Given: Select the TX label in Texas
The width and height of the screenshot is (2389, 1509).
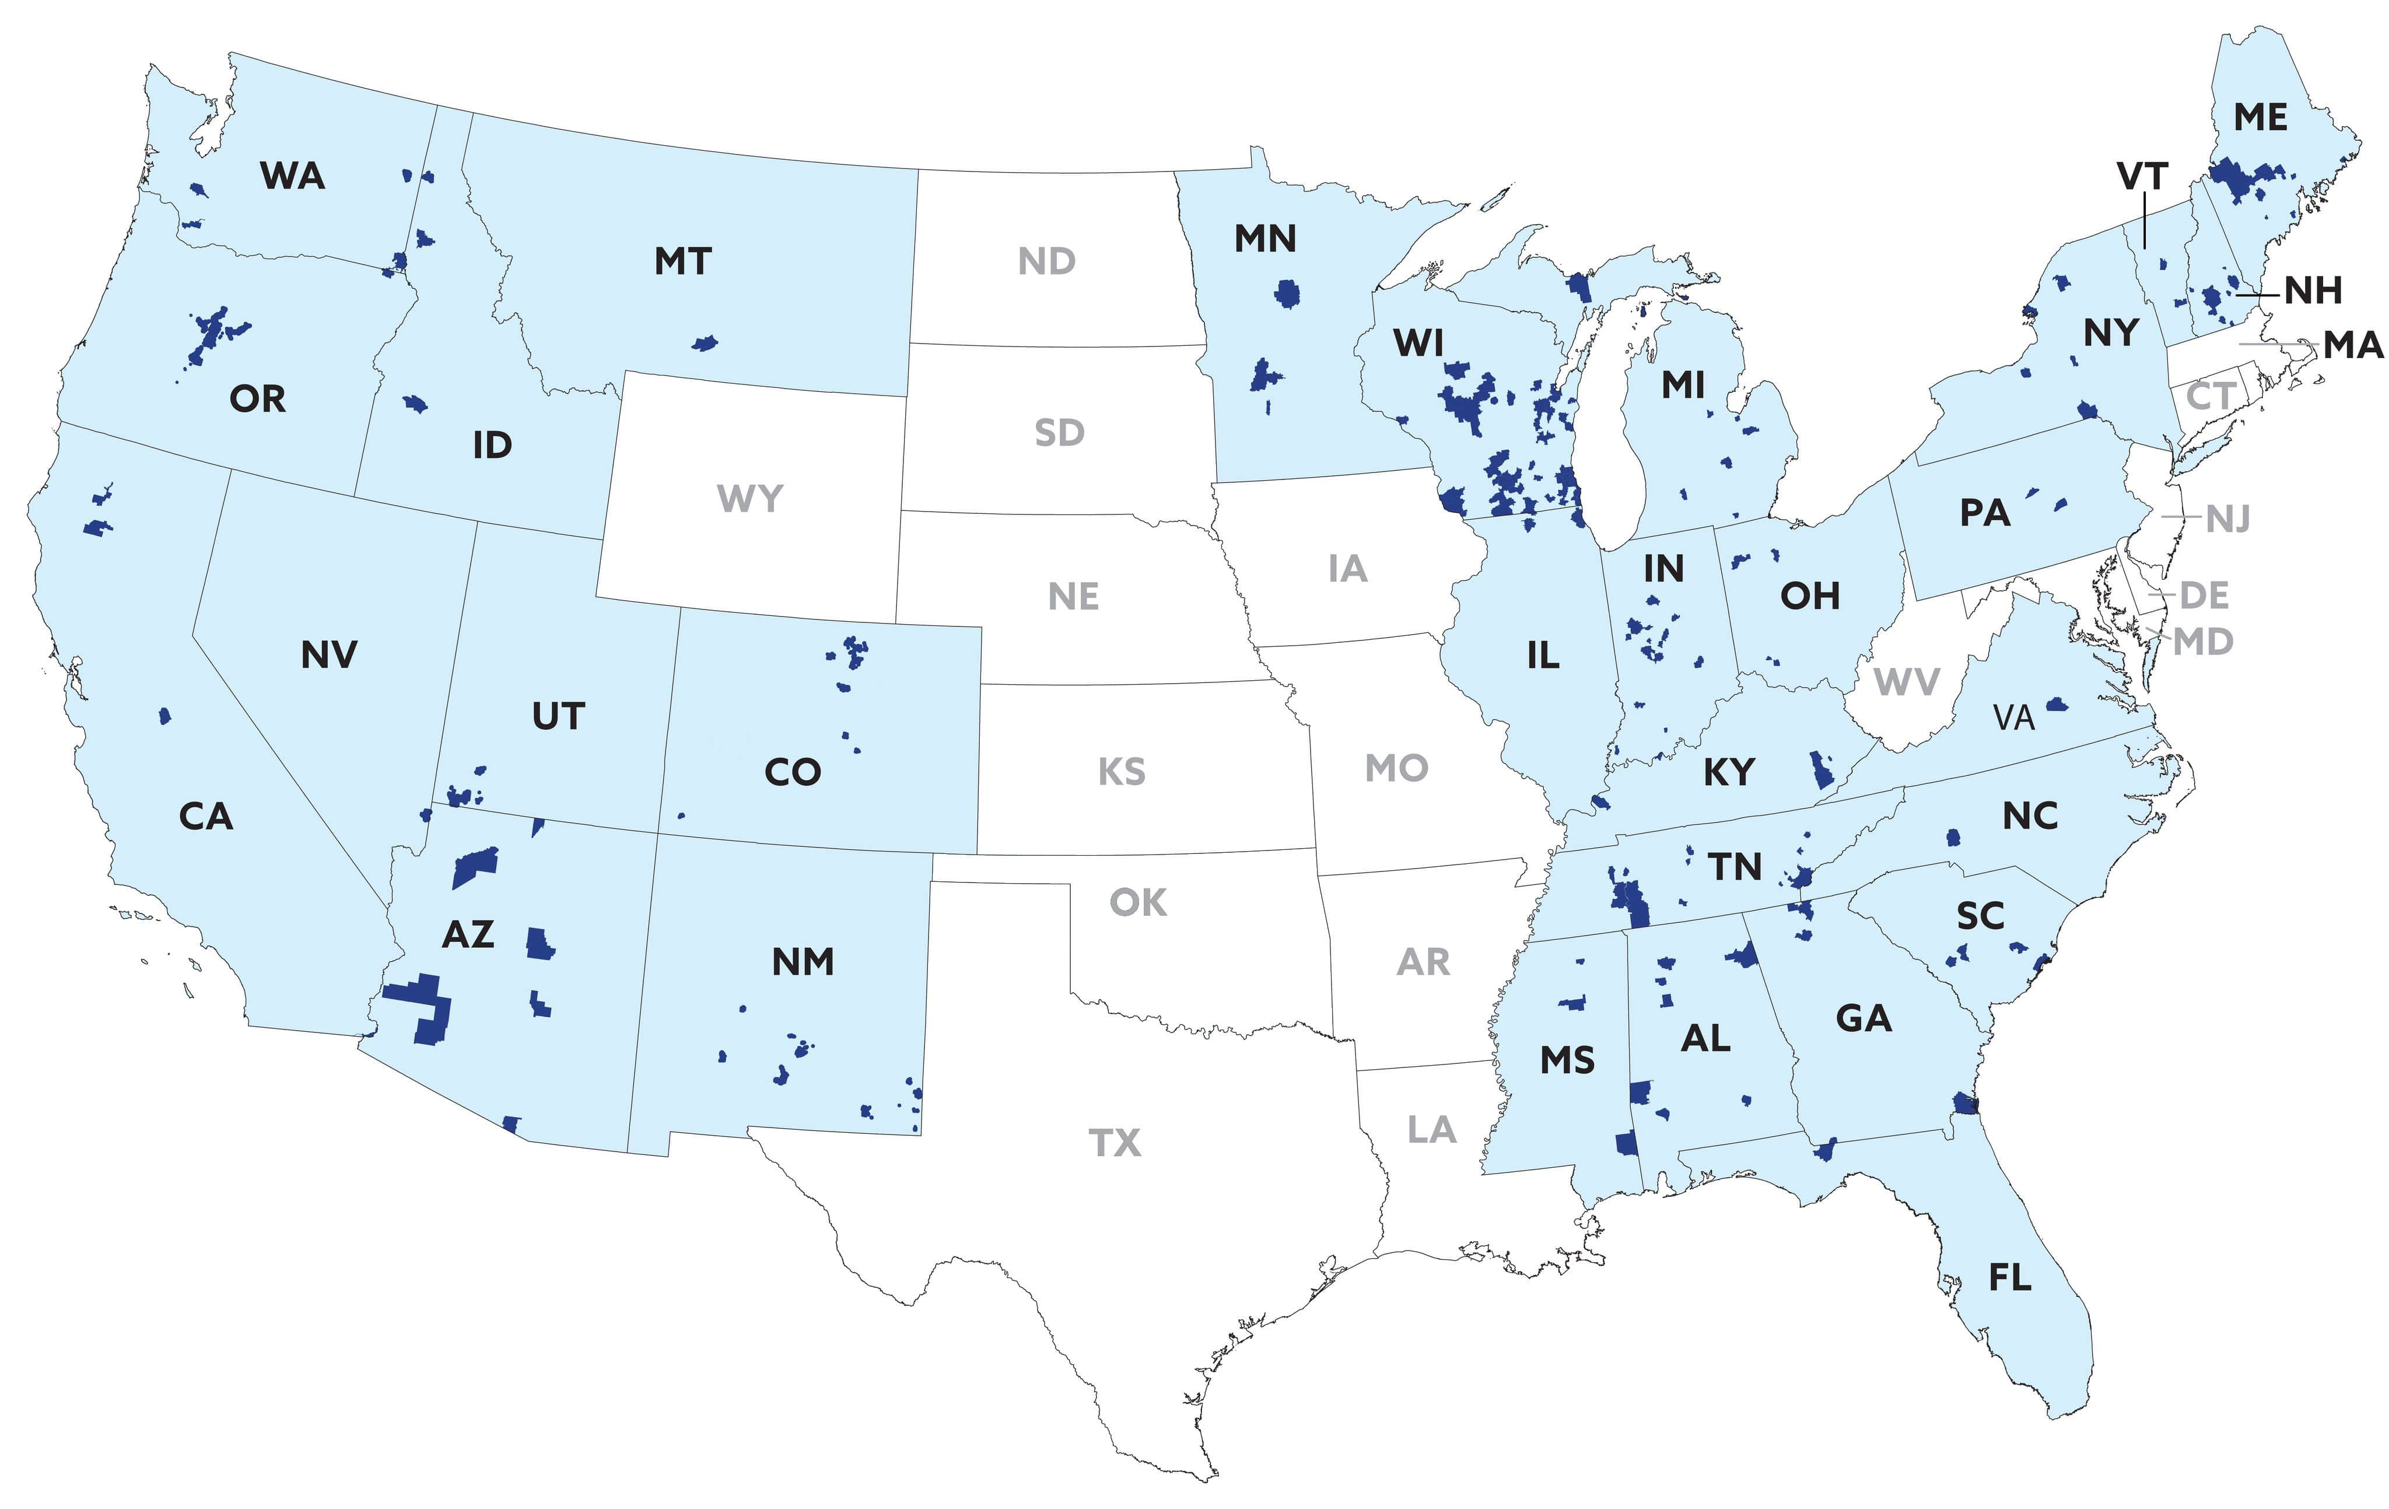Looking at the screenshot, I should (x=1115, y=1143).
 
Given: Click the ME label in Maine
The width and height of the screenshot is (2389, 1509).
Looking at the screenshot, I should (x=2260, y=117).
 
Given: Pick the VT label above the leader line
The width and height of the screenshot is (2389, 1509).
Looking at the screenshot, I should (x=2142, y=177).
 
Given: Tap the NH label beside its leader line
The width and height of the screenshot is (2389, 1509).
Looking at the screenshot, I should (x=2314, y=290).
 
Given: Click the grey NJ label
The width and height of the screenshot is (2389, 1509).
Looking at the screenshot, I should (x=2227, y=519).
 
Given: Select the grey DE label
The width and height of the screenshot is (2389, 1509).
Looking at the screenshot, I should (x=2205, y=596).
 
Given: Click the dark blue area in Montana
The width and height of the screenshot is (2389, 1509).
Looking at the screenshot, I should (x=705, y=343).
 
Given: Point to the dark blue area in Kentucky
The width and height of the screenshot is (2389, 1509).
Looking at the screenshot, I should (x=1821, y=769).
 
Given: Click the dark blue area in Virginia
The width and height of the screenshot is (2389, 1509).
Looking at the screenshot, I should (x=2052, y=706).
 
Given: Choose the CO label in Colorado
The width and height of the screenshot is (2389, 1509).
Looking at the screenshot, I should (x=793, y=772).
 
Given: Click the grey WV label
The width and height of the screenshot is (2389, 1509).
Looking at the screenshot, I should (x=1907, y=682).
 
